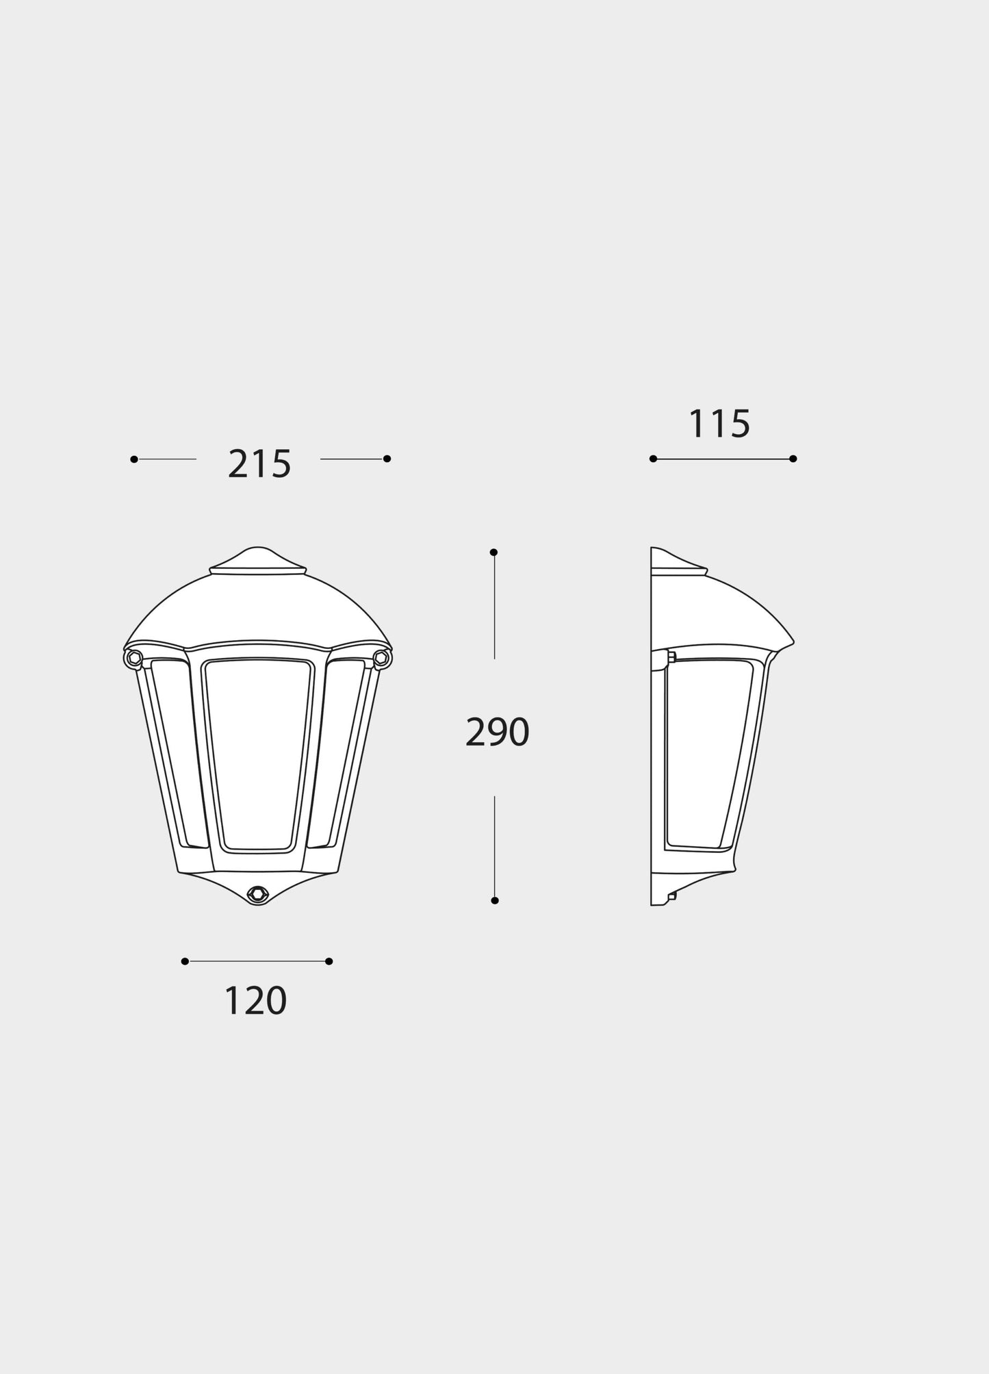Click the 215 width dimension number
tap(259, 464)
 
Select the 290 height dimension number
tap(497, 732)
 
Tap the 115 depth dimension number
tap(719, 424)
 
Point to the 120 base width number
tap(255, 1001)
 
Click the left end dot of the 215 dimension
tap(134, 459)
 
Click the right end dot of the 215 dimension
tap(387, 459)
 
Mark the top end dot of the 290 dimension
tap(493, 552)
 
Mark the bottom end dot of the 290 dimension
tap(495, 900)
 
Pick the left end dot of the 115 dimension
tap(653, 459)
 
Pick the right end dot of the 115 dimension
tap(793, 459)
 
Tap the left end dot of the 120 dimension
tap(185, 961)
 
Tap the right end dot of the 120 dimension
tap(329, 961)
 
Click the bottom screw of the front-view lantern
tap(257, 893)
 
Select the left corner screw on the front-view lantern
tap(133, 658)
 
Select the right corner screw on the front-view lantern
tap(381, 658)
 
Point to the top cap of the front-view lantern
tap(257, 559)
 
